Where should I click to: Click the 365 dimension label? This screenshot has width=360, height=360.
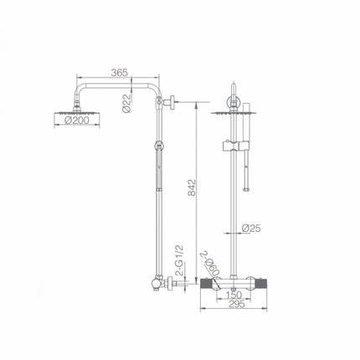119,73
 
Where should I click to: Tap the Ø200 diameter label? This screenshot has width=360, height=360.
77,121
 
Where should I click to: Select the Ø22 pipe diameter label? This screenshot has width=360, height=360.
126,103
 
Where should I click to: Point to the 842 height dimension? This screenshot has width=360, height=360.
192,188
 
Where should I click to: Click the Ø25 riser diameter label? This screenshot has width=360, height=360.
251,228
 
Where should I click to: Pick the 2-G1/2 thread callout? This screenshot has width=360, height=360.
180,260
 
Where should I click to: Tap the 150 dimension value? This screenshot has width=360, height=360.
234,295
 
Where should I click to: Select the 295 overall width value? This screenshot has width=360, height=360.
237,304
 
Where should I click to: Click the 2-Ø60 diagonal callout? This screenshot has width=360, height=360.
210,265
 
